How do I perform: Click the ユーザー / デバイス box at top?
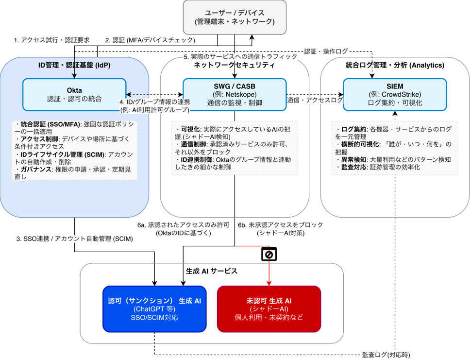(x=235, y=17)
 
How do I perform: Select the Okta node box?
(x=74, y=94)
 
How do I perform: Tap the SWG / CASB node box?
(x=235, y=94)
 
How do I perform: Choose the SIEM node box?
(x=395, y=94)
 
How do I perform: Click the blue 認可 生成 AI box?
(x=154, y=309)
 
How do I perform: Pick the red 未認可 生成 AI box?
(x=269, y=309)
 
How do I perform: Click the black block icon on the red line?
(x=269, y=255)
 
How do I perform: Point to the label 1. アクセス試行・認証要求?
(x=51, y=40)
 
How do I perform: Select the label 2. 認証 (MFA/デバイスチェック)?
(x=150, y=40)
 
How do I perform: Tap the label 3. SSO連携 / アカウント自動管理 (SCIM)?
(x=74, y=239)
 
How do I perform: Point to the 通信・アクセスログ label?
(x=315, y=100)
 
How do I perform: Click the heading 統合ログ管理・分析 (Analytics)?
(x=395, y=65)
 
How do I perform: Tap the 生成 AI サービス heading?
(x=212, y=271)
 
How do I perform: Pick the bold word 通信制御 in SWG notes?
(x=194, y=144)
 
